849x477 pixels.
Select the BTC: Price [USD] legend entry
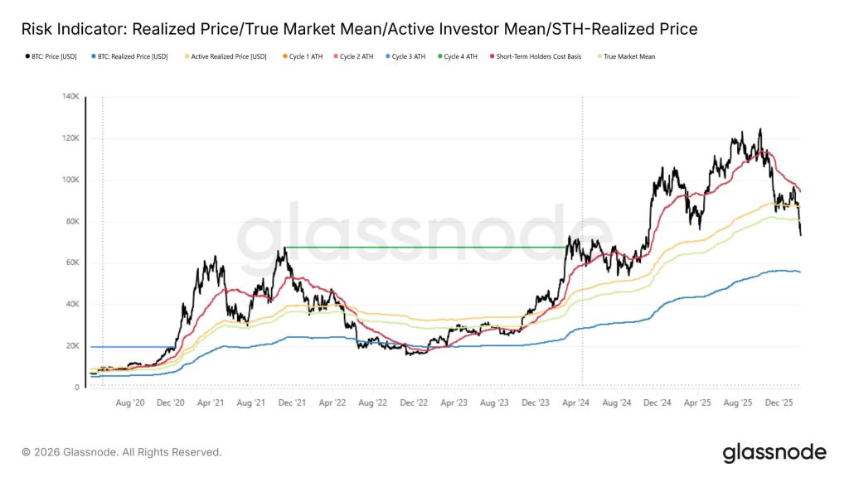51,57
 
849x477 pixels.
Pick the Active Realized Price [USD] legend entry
226,57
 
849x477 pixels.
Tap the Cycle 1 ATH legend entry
305,57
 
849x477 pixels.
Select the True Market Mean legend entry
626,57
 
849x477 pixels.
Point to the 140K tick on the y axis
69,97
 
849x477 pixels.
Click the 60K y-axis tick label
70,263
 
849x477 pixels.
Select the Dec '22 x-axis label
413,402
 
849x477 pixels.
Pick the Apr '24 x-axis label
575,402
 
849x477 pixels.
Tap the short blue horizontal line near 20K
133,347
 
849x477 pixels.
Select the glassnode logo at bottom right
774,452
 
